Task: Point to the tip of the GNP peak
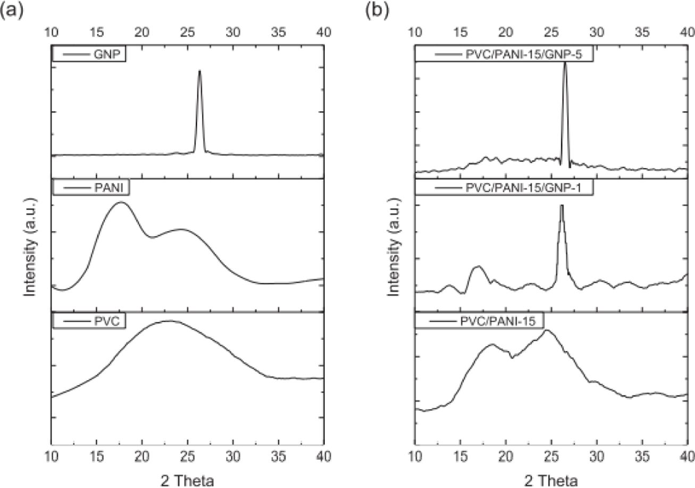pos(199,71)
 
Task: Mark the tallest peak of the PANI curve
pos(121,203)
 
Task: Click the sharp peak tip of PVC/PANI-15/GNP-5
pos(565,63)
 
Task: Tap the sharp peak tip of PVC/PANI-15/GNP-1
pos(561,206)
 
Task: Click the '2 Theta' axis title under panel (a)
pos(187,467)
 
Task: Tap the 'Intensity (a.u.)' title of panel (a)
pos(30,247)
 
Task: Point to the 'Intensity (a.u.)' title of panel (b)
pos(394,247)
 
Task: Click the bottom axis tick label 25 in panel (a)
pos(188,455)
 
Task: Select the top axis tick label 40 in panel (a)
pos(324,31)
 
